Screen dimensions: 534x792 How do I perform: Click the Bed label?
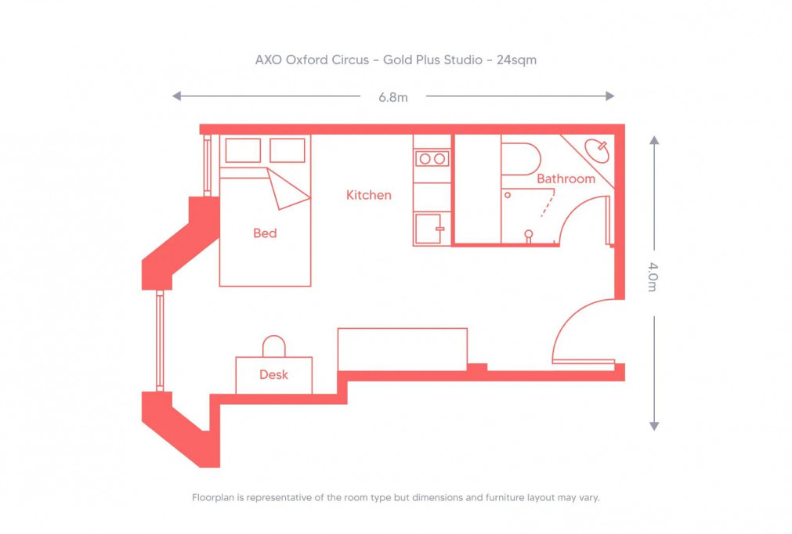click(265, 233)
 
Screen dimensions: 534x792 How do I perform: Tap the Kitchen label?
click(369, 195)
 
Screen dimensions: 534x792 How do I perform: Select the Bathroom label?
click(566, 179)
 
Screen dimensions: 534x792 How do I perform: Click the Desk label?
click(273, 375)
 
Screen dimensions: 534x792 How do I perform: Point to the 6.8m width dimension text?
click(392, 97)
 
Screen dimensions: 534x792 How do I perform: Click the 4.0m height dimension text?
click(653, 277)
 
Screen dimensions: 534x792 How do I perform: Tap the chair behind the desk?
click(273, 346)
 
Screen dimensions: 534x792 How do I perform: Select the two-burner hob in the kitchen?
click(432, 159)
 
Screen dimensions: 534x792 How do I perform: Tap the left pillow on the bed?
click(243, 150)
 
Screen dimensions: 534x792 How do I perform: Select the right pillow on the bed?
click(287, 150)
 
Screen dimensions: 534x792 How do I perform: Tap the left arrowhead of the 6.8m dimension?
click(177, 96)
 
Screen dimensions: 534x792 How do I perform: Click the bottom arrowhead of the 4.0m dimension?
click(654, 425)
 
